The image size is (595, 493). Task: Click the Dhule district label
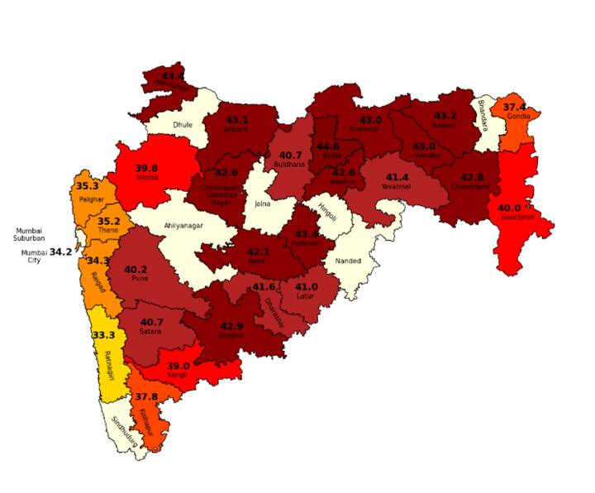pyautogui.click(x=182, y=125)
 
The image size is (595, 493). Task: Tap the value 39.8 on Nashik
pyautogui.click(x=145, y=168)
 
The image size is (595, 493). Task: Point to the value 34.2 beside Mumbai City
pyautogui.click(x=61, y=251)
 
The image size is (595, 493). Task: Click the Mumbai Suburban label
pyautogui.click(x=29, y=234)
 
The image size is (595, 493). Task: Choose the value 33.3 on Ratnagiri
pyautogui.click(x=103, y=335)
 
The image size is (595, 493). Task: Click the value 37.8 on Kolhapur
pyautogui.click(x=146, y=396)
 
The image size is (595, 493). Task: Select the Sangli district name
pyautogui.click(x=178, y=375)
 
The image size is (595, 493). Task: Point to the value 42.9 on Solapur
pyautogui.click(x=232, y=326)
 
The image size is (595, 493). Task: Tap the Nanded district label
pyautogui.click(x=347, y=261)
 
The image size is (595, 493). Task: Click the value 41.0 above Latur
pyautogui.click(x=307, y=286)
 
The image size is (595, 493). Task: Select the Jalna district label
pyautogui.click(x=263, y=203)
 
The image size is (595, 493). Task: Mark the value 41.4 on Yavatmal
pyautogui.click(x=397, y=177)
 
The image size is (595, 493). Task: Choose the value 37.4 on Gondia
pyautogui.click(x=514, y=107)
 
